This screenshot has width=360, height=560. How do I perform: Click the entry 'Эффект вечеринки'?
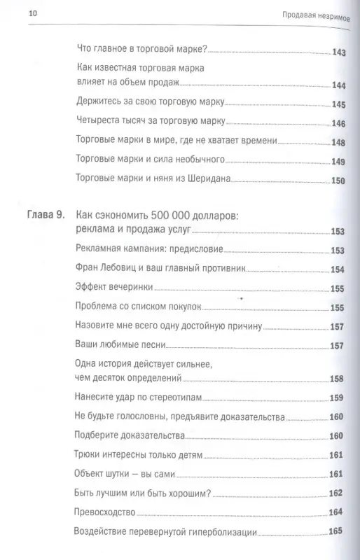[113, 287]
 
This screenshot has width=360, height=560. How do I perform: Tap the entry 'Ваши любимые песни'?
[116, 345]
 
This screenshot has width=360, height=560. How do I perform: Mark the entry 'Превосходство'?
[104, 512]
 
